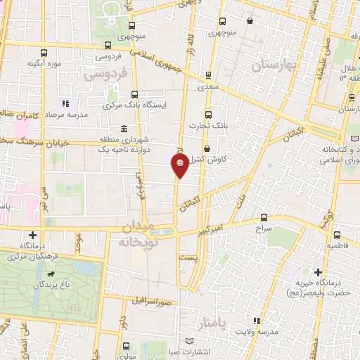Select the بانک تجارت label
point(205,126)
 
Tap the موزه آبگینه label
point(45,64)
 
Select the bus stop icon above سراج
point(264,217)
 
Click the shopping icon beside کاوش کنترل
point(207,148)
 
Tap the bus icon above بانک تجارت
point(207,115)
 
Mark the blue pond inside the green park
point(86,268)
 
